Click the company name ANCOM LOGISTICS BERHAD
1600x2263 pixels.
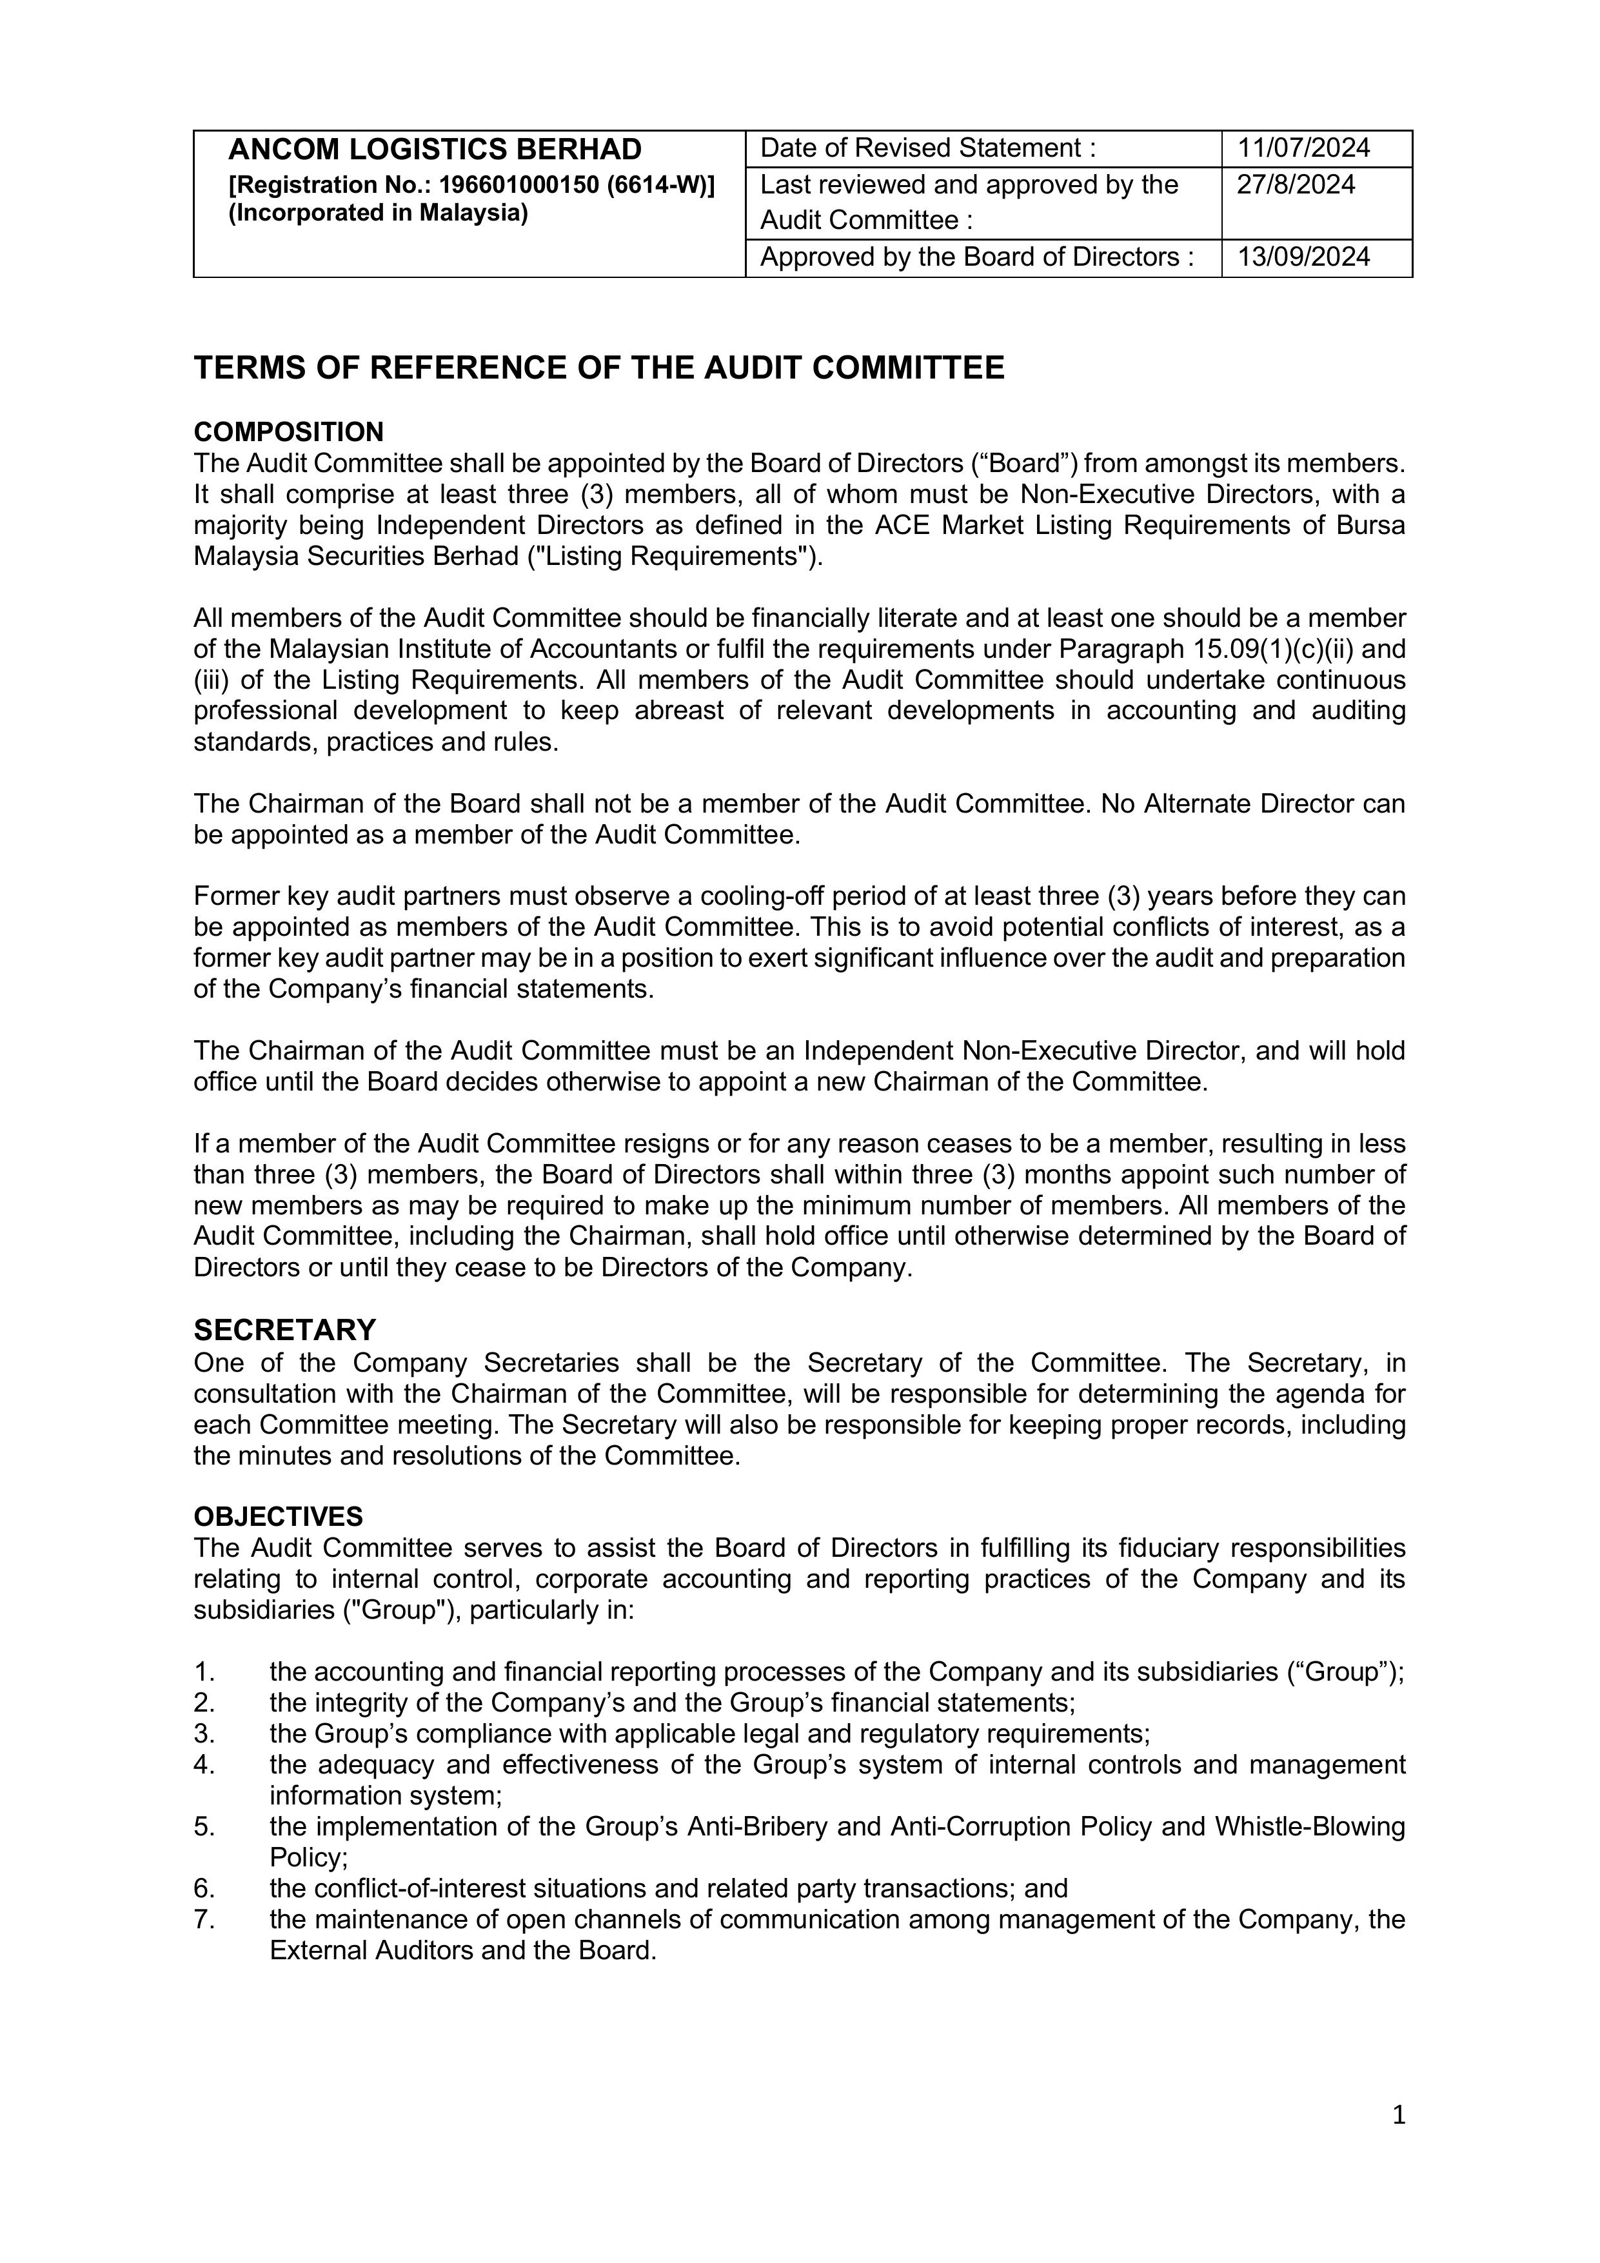435,150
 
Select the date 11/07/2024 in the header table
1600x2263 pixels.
1303,148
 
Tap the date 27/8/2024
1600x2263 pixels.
1296,185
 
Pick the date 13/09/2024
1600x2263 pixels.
1303,257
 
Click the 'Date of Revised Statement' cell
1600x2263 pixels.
927,148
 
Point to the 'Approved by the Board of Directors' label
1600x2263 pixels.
976,257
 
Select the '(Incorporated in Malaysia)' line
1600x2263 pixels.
377,213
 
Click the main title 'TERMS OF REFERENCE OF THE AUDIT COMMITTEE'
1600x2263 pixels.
598,368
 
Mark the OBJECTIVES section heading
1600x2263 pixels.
278,1516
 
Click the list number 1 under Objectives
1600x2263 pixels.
203,1672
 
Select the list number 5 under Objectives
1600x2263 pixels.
203,1826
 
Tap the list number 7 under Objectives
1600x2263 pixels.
203,1919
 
